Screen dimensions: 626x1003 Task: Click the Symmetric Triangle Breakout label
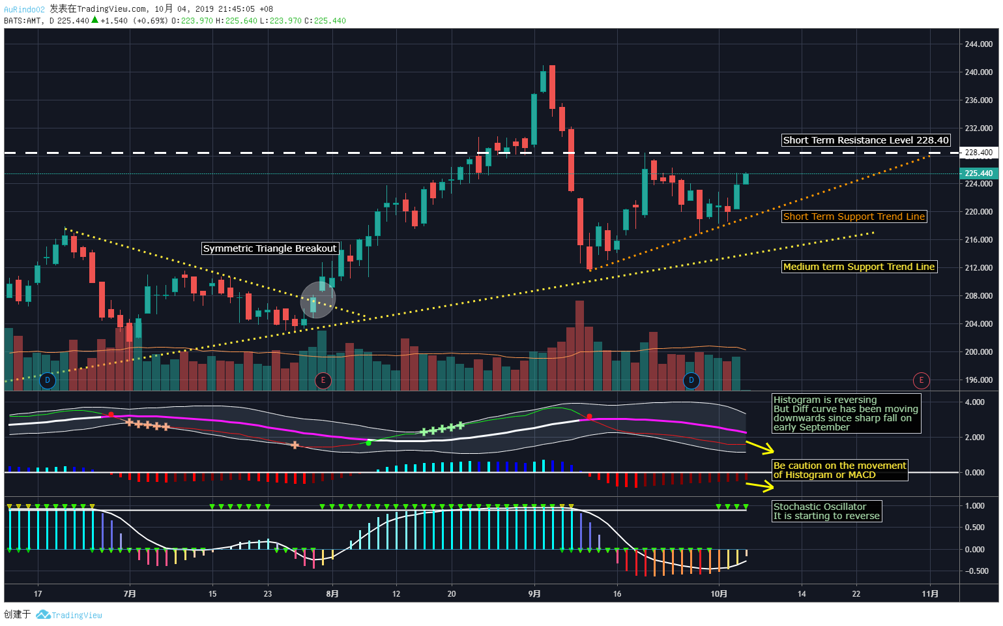click(x=270, y=248)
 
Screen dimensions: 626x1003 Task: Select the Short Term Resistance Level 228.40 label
click(x=865, y=140)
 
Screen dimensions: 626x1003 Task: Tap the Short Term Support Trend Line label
click(x=854, y=216)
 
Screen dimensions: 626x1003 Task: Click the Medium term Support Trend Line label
click(x=859, y=267)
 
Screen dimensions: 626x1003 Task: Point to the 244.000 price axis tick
click(x=978, y=44)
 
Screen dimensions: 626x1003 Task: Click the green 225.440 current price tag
click(x=978, y=173)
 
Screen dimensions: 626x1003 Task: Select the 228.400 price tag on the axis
click(x=978, y=153)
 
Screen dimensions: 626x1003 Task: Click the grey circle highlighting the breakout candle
click(x=317, y=301)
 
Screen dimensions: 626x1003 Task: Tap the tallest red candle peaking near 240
click(x=552, y=87)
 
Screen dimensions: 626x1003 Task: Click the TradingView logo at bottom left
click(x=70, y=615)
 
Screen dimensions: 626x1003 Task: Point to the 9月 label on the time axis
click(x=534, y=593)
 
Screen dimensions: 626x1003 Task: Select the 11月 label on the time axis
click(x=930, y=593)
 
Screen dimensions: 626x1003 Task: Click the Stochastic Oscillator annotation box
click(x=826, y=511)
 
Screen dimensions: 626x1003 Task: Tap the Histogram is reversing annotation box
click(x=845, y=413)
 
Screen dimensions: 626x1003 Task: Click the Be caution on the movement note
click(x=839, y=470)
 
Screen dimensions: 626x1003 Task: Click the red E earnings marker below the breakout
click(x=323, y=380)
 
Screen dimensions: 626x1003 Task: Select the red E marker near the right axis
click(x=921, y=380)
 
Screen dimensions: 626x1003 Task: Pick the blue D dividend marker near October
click(x=691, y=380)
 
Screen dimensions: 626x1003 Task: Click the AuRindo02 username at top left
click(x=24, y=9)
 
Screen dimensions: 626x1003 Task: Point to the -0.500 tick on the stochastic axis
click(x=976, y=571)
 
